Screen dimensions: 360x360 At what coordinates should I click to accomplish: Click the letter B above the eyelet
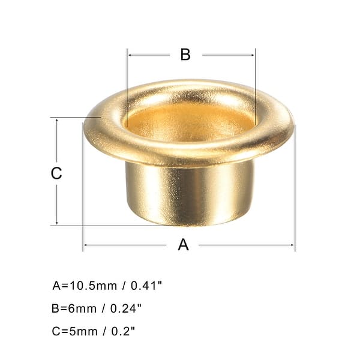185,54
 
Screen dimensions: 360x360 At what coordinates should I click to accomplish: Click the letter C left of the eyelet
56,173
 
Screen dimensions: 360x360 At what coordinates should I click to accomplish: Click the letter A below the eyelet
184,245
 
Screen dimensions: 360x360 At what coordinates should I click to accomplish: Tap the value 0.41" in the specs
145,286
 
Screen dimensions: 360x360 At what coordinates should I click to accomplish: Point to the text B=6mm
74,308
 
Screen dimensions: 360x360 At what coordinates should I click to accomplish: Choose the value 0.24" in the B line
124,308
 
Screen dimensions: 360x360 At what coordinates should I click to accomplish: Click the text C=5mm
74,331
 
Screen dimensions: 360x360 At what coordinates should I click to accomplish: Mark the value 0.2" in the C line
121,331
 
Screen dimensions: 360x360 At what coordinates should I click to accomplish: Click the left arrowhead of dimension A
85,245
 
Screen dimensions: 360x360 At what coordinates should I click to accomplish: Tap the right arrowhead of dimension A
292,245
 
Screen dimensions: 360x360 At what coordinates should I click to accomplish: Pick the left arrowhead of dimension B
130,55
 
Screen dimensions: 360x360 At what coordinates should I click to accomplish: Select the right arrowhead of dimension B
253,55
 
